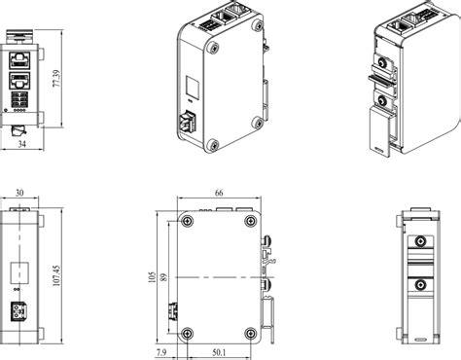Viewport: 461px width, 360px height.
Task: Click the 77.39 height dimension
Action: [x=56, y=79]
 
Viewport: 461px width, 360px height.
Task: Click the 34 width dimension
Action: [x=21, y=144]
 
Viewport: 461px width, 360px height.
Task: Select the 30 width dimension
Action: [x=19, y=193]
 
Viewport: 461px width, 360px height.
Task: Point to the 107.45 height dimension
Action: [x=56, y=275]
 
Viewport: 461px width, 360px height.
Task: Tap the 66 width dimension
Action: [x=219, y=193]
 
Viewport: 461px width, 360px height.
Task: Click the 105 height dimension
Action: [x=152, y=277]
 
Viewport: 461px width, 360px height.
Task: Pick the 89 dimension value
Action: [x=164, y=277]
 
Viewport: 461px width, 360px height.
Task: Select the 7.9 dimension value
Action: [x=161, y=352]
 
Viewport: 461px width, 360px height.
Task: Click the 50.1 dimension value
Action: [x=219, y=352]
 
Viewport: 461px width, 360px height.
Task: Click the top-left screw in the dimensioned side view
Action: [x=188, y=221]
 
